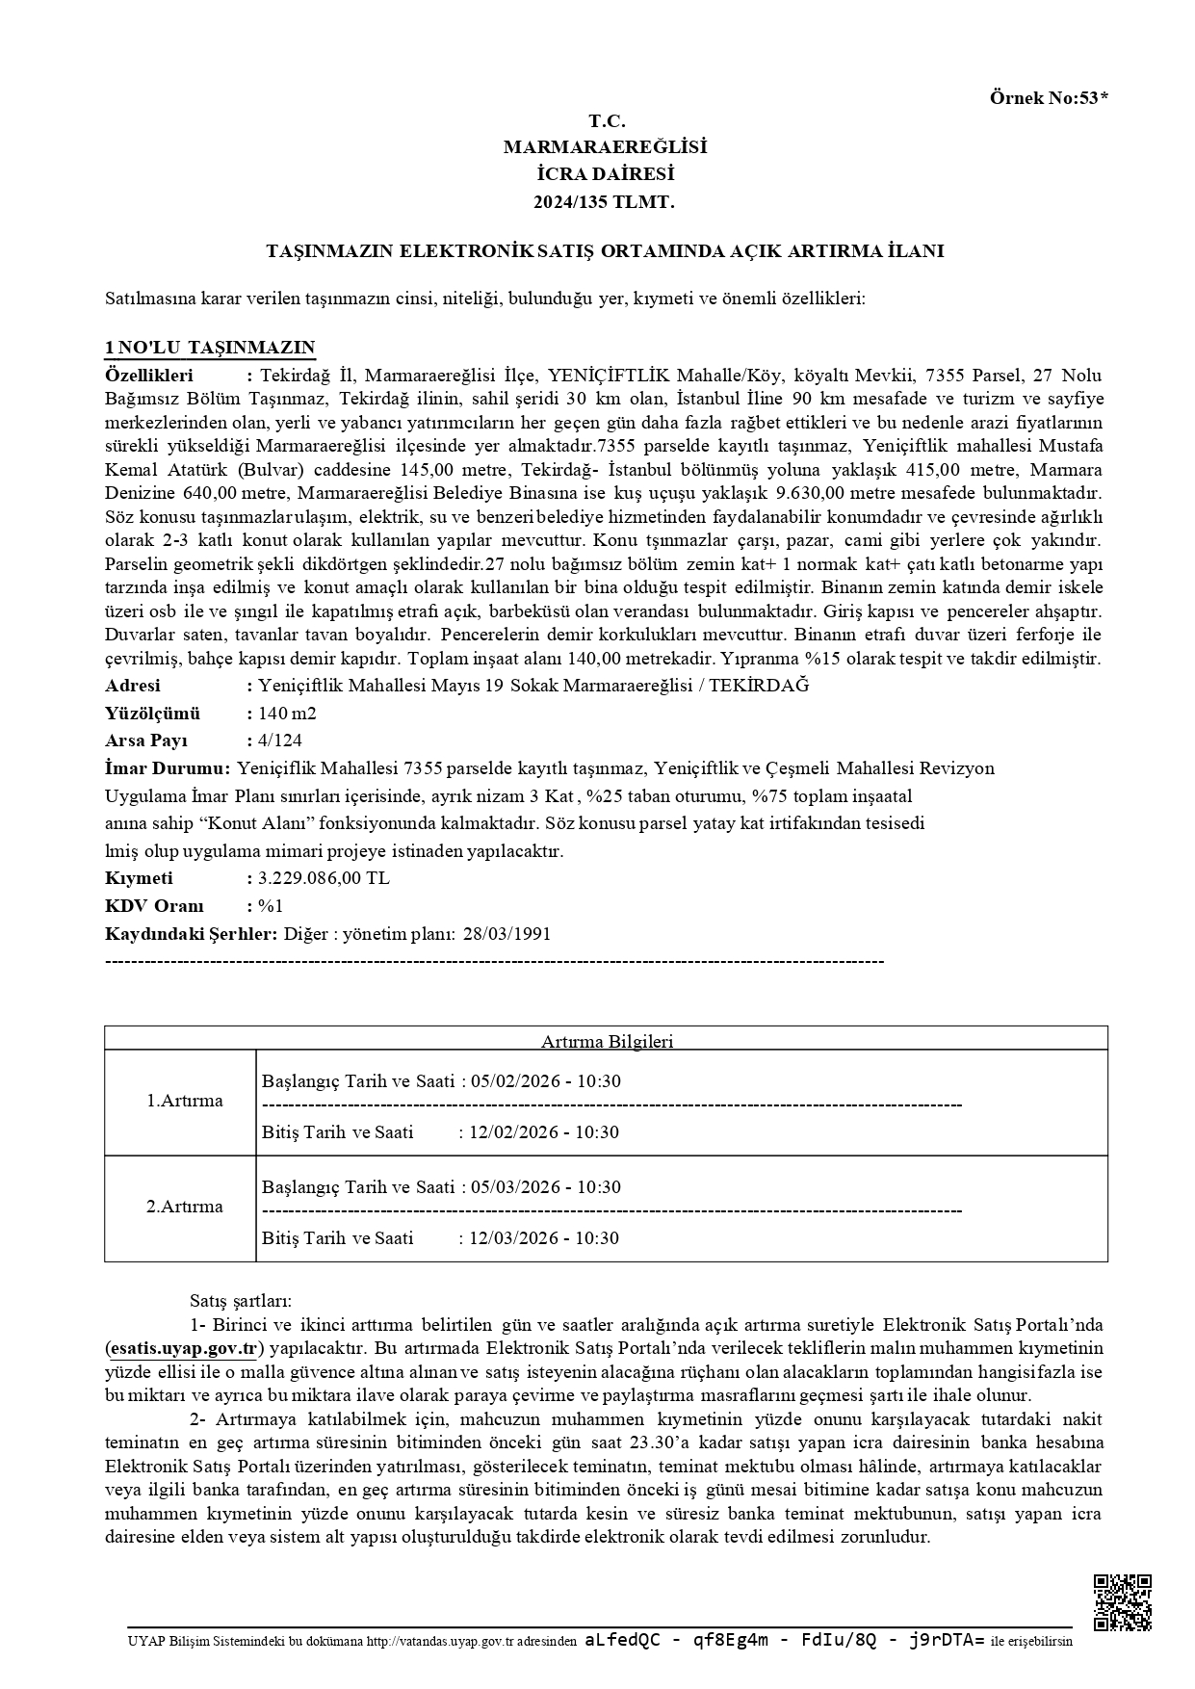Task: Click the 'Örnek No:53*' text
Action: pos(1049,97)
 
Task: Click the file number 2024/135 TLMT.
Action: pos(606,202)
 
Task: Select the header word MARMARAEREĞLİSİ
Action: pos(606,147)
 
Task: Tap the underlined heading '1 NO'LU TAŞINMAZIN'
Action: pos(210,348)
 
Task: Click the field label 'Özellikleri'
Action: pos(149,376)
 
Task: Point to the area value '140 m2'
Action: pos(287,714)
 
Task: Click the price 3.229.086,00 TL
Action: pos(324,878)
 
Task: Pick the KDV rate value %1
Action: pos(271,906)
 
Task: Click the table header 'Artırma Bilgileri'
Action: pos(607,1041)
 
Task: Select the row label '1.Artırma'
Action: pos(184,1101)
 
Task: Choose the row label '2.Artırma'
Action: pos(184,1207)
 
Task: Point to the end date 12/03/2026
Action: pos(513,1238)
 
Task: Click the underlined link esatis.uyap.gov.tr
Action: pos(183,1348)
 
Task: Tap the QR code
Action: pos(1122,1603)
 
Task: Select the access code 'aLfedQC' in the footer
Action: pos(622,1641)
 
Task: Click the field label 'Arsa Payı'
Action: pos(146,741)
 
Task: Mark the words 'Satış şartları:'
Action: pos(240,1301)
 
